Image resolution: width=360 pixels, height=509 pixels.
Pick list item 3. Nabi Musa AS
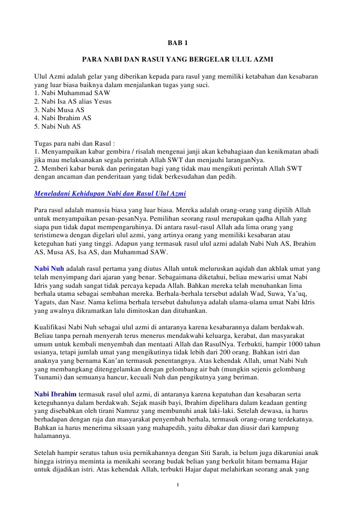pos(59,110)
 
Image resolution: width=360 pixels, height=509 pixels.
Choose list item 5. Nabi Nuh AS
pos(57,126)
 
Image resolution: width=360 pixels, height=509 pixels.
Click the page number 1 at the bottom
pos(178,485)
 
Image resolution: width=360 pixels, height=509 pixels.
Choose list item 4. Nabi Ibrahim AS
pos(63,118)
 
